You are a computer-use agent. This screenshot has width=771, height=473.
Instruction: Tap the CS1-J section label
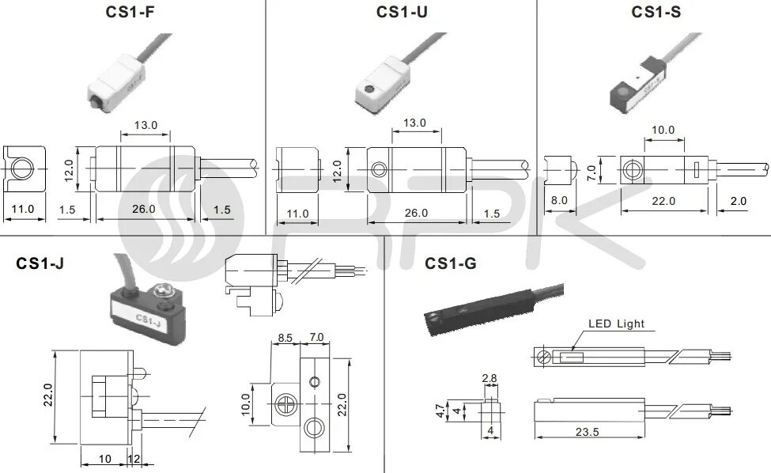tap(40, 263)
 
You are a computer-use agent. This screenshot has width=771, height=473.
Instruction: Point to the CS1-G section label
tap(451, 263)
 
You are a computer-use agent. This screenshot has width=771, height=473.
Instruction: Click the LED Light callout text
tap(616, 324)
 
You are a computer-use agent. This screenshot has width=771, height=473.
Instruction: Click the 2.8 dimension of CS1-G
tap(489, 379)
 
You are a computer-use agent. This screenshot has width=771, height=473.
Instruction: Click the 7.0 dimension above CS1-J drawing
tap(316, 338)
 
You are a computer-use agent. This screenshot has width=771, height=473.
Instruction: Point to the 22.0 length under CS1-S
tap(662, 201)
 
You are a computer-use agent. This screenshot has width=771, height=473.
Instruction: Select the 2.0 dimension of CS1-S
tap(739, 201)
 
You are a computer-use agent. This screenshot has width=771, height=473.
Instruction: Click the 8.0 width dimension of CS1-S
tap(559, 201)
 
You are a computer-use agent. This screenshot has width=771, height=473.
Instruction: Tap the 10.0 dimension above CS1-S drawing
tap(663, 130)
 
